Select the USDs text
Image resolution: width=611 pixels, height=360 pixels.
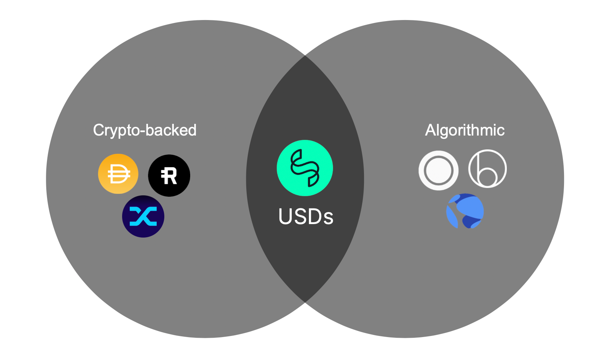coord(306,217)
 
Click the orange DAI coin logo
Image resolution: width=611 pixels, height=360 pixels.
coord(118,174)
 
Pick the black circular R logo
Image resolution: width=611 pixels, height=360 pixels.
coord(169,175)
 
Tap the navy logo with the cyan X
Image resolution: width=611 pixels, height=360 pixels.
coord(143,216)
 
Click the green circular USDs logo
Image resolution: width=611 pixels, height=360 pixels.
coord(305,168)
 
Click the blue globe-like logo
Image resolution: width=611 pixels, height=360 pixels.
coord(465,211)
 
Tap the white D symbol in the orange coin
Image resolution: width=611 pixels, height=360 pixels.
coord(119,174)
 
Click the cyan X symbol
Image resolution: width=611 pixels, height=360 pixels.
coord(143,216)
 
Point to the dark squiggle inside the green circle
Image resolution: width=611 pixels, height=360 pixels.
coord(305,168)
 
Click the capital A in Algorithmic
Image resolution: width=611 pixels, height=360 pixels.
coord(430,130)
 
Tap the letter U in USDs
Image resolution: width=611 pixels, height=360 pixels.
coord(285,217)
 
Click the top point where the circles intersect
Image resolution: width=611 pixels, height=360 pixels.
coord(305,55)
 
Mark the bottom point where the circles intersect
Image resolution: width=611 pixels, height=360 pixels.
coord(305,302)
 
